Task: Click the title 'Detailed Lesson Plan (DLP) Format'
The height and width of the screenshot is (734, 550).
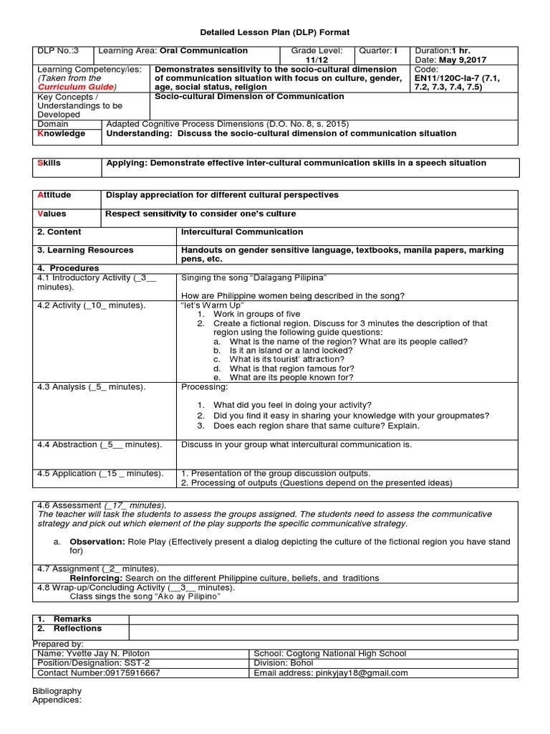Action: click(x=274, y=33)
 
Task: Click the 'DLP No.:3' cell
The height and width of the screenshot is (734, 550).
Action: click(x=56, y=51)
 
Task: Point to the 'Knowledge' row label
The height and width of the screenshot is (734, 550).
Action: click(x=61, y=133)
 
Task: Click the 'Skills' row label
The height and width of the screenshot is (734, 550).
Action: click(x=49, y=163)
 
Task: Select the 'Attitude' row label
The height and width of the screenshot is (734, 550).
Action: click(x=52, y=195)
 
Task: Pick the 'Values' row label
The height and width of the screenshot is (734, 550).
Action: click(x=51, y=214)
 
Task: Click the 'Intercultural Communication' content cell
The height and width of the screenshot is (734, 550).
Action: click(x=242, y=232)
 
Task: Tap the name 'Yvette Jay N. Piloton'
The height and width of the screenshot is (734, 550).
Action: click(x=107, y=654)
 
